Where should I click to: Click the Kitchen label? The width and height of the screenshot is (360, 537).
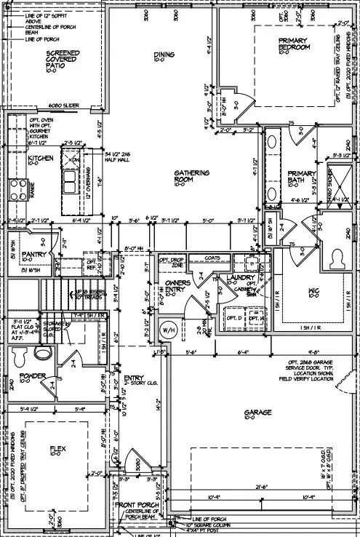coord(38,159)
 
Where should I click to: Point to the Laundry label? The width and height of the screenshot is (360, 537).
coord(240,277)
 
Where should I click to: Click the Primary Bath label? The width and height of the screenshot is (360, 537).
coord(300,175)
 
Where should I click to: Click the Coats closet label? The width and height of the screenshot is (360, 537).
coord(213,256)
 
